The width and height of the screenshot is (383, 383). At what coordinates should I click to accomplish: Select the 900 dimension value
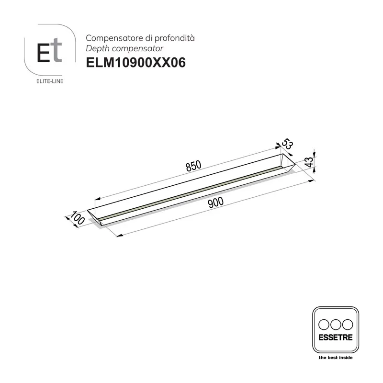coord(217,203)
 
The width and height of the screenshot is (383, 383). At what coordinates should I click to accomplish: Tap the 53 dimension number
coord(287,144)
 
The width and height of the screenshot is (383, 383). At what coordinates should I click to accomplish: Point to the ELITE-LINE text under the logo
coord(50,81)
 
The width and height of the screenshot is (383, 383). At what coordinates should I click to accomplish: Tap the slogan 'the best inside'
coord(335,358)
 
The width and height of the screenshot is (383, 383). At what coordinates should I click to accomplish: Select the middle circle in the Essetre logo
coord(335,323)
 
